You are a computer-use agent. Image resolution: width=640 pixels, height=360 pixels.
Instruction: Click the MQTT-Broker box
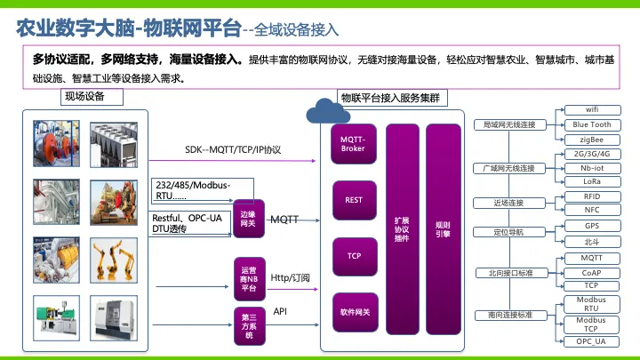[x=354, y=144]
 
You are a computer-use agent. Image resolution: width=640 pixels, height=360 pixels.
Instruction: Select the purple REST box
[x=354, y=200]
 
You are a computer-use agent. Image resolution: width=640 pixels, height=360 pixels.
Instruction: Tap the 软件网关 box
[x=355, y=312]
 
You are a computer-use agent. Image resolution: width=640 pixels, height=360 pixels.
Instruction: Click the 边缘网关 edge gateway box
[x=249, y=219]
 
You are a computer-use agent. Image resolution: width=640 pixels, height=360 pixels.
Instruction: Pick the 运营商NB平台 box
[x=250, y=279]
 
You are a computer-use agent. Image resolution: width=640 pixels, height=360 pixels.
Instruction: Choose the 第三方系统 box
[x=250, y=326]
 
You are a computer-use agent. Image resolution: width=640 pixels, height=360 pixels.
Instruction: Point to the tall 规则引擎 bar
[x=444, y=229]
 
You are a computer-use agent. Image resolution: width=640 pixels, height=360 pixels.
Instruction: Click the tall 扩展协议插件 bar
[x=403, y=229]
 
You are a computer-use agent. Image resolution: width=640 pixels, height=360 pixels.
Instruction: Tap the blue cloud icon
[x=328, y=111]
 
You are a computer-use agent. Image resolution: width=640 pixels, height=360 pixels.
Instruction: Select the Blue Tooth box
[x=592, y=125]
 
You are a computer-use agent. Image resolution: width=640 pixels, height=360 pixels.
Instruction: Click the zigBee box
[x=592, y=140]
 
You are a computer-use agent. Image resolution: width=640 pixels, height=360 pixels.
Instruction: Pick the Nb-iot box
[x=592, y=168]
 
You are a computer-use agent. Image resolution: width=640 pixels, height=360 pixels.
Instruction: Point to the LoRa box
[x=592, y=181]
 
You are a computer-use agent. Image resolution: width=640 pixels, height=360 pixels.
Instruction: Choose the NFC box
[x=592, y=210]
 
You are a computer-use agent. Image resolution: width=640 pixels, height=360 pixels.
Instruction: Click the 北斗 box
[x=592, y=242]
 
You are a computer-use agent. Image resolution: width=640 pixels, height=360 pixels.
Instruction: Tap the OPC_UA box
[x=591, y=341]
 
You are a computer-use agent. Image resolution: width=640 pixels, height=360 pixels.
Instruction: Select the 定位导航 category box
[x=509, y=232]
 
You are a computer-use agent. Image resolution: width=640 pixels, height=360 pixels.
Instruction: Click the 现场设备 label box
[x=92, y=97]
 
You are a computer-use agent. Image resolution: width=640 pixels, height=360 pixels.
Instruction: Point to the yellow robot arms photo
[x=114, y=260]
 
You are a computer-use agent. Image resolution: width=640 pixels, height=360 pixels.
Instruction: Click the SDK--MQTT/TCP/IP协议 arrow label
[x=233, y=150]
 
